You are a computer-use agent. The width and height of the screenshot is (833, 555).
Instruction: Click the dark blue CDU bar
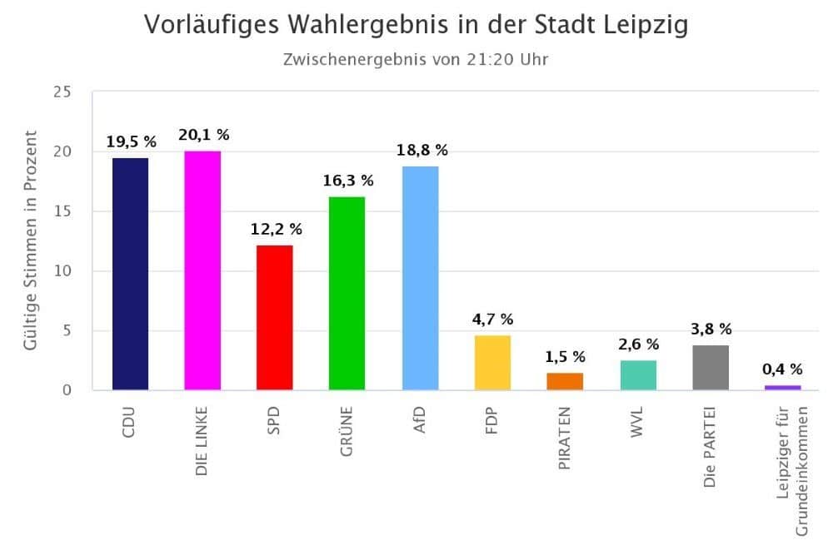tap(130, 274)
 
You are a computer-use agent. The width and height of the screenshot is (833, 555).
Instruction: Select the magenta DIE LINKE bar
tap(202, 270)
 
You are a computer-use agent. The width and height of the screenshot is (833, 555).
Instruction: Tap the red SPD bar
tap(275, 317)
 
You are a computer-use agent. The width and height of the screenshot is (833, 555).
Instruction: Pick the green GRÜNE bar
tap(347, 293)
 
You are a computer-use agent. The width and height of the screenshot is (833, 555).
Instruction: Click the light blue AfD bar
tap(420, 278)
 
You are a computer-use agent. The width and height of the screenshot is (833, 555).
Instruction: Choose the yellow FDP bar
tap(492, 362)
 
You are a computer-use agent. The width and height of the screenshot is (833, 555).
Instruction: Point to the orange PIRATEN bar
tap(565, 381)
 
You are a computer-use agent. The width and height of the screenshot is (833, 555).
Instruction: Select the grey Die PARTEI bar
tap(711, 367)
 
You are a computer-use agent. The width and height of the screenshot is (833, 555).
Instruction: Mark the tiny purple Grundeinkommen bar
tap(783, 387)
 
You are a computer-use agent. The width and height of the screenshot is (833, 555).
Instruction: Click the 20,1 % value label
tap(203, 135)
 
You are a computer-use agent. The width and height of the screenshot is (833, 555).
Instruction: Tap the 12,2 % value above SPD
tap(276, 229)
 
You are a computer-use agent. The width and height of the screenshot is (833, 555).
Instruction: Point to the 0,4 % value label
tap(783, 369)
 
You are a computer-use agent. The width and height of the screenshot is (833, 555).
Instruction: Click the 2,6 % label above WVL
tap(638, 344)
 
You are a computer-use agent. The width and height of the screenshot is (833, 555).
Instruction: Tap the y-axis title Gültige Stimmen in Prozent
tap(31, 240)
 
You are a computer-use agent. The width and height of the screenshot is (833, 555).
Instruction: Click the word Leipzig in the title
tap(642, 25)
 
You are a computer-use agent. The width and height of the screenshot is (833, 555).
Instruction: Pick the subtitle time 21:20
tap(496, 59)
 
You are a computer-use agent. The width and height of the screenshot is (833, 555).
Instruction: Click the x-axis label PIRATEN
tap(565, 439)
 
